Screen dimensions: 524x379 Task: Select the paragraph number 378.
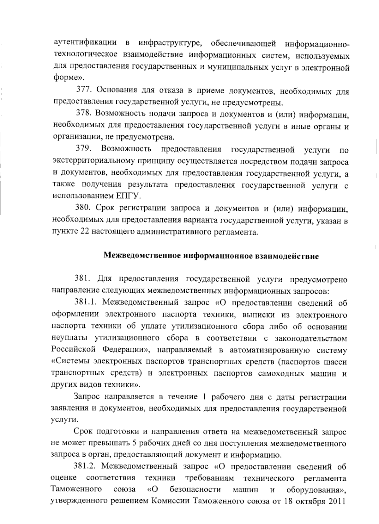pyautogui.click(x=84, y=113)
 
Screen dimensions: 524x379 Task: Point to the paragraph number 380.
pyautogui.click(x=83, y=208)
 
